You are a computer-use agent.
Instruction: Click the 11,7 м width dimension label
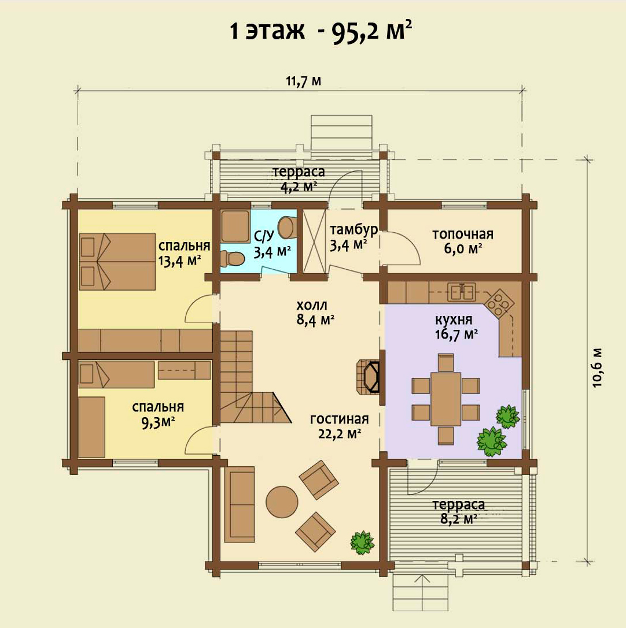pyautogui.click(x=303, y=81)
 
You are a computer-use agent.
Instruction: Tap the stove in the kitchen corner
pyautogui.click(x=499, y=303)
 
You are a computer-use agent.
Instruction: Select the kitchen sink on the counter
pyautogui.click(x=462, y=292)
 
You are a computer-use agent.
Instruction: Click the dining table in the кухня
pyautogui.click(x=445, y=399)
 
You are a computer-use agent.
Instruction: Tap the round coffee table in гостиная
pyautogui.click(x=282, y=502)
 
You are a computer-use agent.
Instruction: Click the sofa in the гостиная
pyautogui.click(x=240, y=504)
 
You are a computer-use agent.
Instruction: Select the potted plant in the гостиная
pyautogui.click(x=362, y=542)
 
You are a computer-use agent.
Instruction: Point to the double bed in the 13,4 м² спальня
pyautogui.click(x=117, y=262)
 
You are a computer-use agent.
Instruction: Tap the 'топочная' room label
pyautogui.click(x=462, y=234)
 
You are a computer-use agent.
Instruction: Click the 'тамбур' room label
pyautogui.click(x=353, y=230)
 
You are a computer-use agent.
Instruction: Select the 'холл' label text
pyautogui.click(x=312, y=306)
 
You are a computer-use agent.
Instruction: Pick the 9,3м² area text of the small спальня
pyautogui.click(x=157, y=422)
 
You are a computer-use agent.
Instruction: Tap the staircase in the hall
pyautogui.click(x=255, y=377)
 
